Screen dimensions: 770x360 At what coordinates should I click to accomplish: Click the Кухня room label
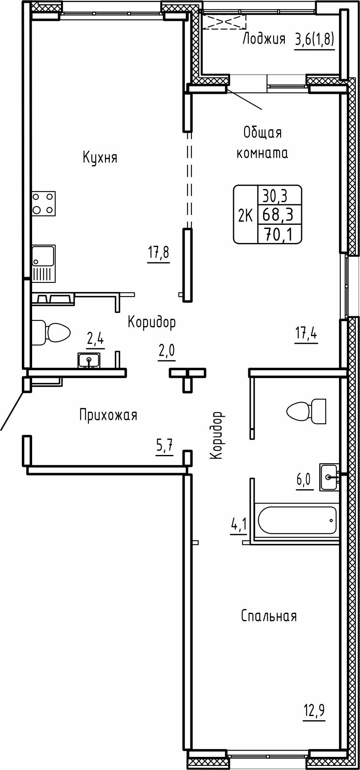pyautogui.click(x=100, y=157)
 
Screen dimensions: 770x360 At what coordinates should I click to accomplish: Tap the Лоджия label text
pyautogui.click(x=264, y=39)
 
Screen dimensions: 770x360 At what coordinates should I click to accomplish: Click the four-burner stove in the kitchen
pyautogui.click(x=44, y=204)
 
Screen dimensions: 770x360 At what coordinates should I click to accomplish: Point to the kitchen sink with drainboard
pyautogui.click(x=44, y=264)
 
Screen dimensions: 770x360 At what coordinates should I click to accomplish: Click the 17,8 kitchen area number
pyautogui.click(x=159, y=252)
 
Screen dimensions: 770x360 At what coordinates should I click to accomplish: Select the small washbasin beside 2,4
pyautogui.click(x=89, y=360)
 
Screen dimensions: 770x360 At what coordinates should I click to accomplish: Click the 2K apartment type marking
pyautogui.click(x=245, y=215)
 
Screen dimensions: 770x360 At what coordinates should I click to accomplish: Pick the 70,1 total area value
pyautogui.click(x=279, y=235)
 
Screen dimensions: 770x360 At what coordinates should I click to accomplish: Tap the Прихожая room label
pyautogui.click(x=108, y=415)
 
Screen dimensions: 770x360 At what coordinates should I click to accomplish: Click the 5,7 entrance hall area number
pyautogui.click(x=164, y=446)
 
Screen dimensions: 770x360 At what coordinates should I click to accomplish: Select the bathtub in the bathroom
pyautogui.click(x=297, y=520)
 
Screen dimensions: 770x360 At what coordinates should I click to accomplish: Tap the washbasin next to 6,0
pyautogui.click(x=330, y=477)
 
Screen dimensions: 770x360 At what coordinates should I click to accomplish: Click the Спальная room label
pyautogui.click(x=269, y=616)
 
